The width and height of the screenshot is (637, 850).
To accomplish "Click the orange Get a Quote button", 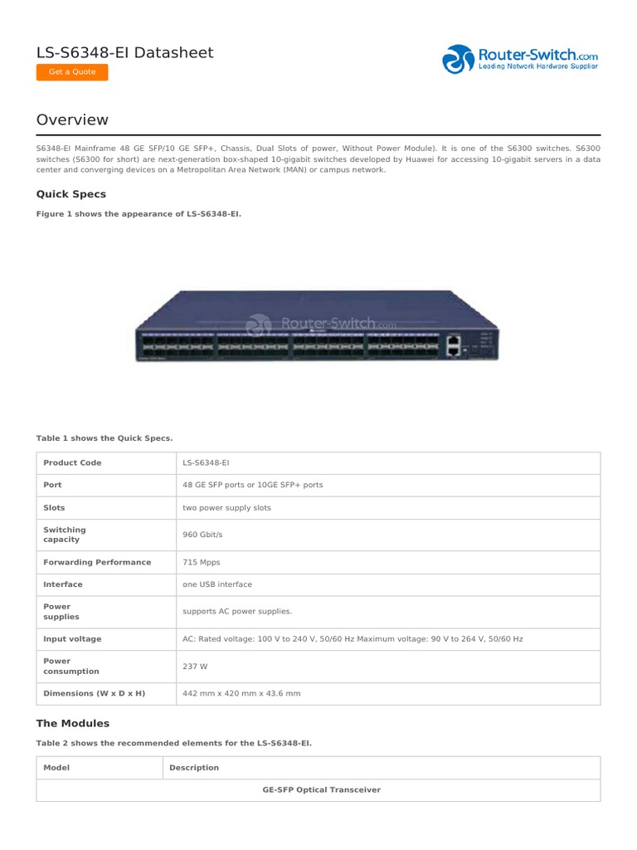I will (x=72, y=72).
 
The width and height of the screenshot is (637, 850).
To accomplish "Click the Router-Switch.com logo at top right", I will (x=520, y=60).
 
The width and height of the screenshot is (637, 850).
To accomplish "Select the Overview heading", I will (x=72, y=120).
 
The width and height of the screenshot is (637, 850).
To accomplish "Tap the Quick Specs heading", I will (x=71, y=194).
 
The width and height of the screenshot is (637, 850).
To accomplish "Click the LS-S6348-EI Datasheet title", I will (x=124, y=53).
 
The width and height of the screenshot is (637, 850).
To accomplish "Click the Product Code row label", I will (x=72, y=463).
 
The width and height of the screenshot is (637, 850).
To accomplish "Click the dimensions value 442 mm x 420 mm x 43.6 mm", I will (x=241, y=693).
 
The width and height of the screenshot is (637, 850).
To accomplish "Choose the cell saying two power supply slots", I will (x=226, y=507).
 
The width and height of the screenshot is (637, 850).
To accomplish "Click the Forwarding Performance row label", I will (x=97, y=562).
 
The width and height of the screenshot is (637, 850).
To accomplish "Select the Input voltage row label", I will (x=72, y=639).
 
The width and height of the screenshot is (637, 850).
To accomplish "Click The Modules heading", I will (x=73, y=723).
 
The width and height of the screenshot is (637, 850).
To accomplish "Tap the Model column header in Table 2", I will (x=56, y=768).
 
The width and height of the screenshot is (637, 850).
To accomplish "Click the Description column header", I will (x=194, y=768).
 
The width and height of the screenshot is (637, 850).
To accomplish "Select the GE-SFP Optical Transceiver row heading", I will (x=322, y=790).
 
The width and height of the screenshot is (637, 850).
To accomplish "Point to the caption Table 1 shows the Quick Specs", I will (x=105, y=437).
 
